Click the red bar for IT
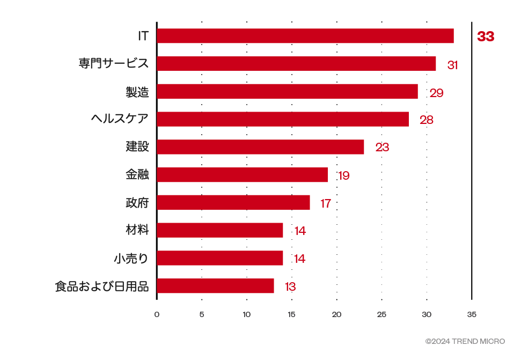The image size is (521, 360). pyautogui.click(x=305, y=36)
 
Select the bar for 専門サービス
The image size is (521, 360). pyautogui.click(x=296, y=64)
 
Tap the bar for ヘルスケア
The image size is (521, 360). pyautogui.click(x=282, y=119)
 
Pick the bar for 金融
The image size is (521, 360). pyautogui.click(x=242, y=175)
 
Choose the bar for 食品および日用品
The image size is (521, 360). pyautogui.click(x=215, y=286)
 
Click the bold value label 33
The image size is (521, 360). pyautogui.click(x=486, y=37)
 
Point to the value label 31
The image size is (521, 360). pyautogui.click(x=452, y=65)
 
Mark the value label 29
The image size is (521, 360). pyautogui.click(x=436, y=93)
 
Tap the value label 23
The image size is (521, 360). pyautogui.click(x=382, y=148)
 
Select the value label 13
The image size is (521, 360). pyautogui.click(x=290, y=287)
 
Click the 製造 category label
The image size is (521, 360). pyautogui.click(x=137, y=92)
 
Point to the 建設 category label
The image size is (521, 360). pyautogui.click(x=137, y=146)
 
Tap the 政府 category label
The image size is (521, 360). pyautogui.click(x=137, y=202)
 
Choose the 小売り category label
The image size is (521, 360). pyautogui.click(x=131, y=258)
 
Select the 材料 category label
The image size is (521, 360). pyautogui.click(x=137, y=230)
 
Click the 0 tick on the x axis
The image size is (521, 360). pyautogui.click(x=157, y=314)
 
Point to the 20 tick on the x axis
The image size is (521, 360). pyautogui.click(x=336, y=314)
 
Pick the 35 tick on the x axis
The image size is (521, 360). pyautogui.click(x=472, y=314)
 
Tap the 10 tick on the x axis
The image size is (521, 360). pyautogui.click(x=246, y=314)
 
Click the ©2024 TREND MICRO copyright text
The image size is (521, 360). pyautogui.click(x=465, y=341)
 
